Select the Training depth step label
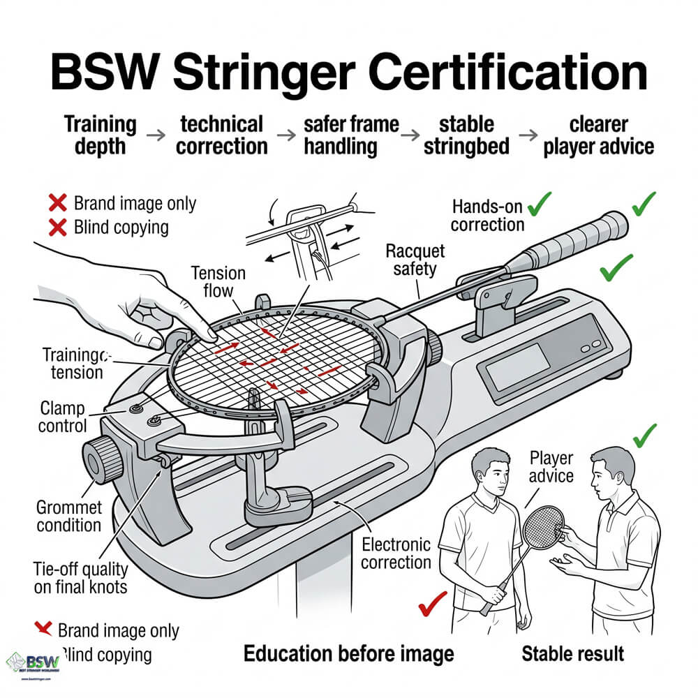101,135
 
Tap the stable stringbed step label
466,135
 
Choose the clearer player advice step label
598,135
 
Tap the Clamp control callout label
63,416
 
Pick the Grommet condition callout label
69,516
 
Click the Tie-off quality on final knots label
81,577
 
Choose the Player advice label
551,467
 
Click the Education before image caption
348,653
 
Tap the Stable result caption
572,653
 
